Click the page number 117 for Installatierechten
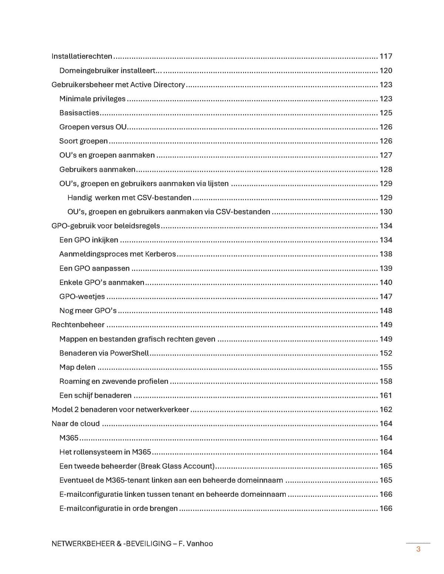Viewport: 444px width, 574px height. coord(386,56)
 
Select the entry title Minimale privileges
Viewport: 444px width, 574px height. coord(92,99)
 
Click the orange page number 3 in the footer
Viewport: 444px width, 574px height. coord(418,549)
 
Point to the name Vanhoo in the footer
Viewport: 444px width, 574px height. coord(200,543)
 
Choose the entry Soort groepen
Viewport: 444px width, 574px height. coord(84,141)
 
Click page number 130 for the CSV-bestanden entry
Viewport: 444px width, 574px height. coord(386,212)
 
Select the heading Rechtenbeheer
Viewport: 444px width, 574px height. coord(78,325)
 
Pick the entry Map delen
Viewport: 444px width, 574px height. coord(77,367)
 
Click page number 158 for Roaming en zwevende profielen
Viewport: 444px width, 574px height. coord(386,381)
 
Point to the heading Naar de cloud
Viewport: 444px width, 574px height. coord(75,424)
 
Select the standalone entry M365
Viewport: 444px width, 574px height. coord(69,438)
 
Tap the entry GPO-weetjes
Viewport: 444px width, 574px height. coord(82,296)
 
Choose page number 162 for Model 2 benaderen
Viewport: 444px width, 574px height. coord(386,410)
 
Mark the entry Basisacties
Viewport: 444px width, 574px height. coord(79,113)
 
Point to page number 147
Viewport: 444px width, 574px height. coord(386,296)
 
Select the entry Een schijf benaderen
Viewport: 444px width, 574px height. coord(95,395)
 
